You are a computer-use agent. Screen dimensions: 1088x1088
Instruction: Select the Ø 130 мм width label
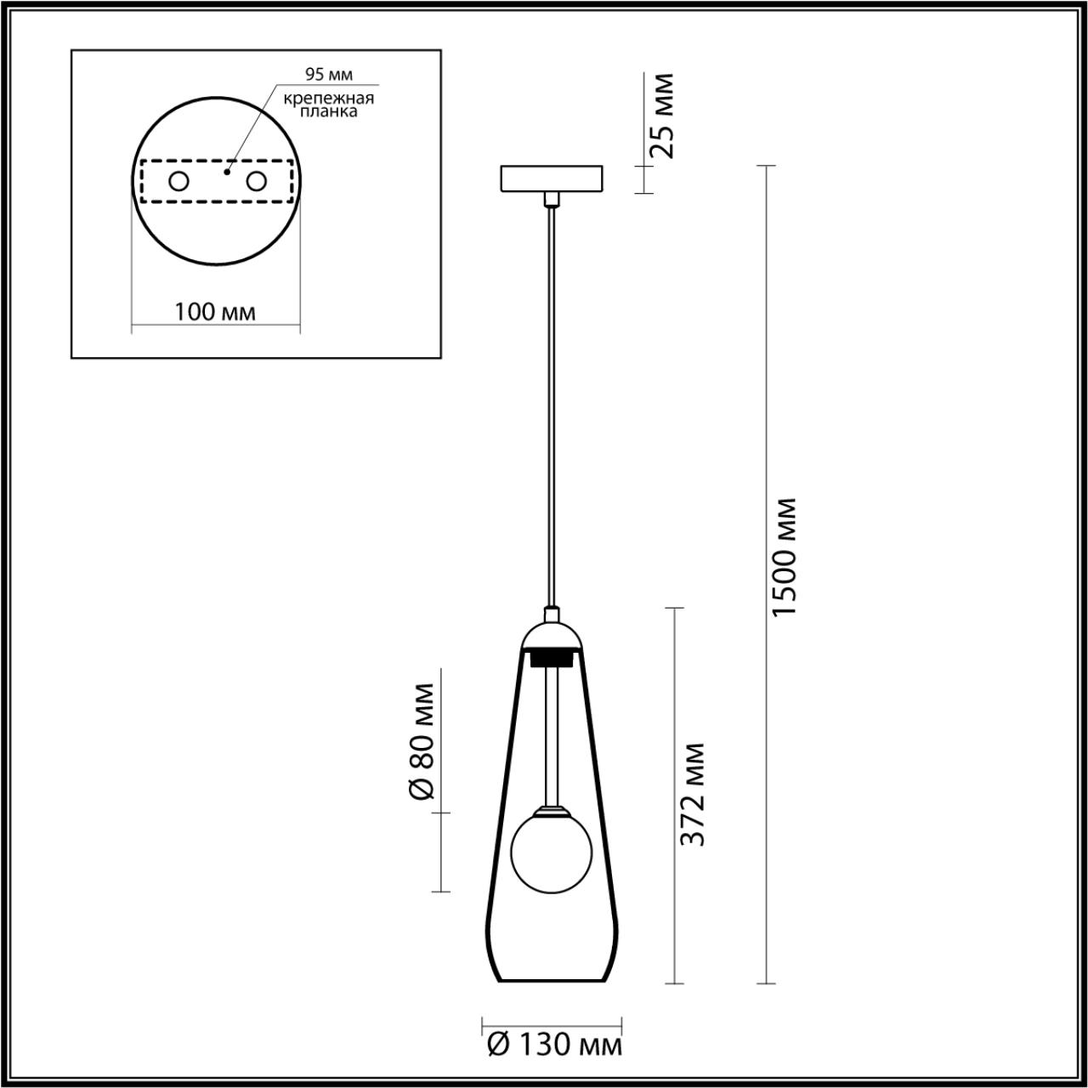pos(555,1044)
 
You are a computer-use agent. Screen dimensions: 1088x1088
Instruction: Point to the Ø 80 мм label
pos(422,740)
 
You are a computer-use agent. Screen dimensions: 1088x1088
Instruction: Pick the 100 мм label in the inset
pos(215,311)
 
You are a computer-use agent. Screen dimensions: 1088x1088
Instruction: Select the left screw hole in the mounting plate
pos(179,181)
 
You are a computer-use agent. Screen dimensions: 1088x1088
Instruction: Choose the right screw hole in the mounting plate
pos(256,181)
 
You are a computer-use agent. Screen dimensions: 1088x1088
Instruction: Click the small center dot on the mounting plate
pos(226,171)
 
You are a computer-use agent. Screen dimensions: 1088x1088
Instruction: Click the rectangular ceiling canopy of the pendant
pos(552,178)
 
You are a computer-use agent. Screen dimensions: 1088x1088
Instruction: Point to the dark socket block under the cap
pos(552,657)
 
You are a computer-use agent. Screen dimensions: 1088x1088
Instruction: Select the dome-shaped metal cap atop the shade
pos(552,632)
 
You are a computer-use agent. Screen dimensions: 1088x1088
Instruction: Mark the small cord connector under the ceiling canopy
pos(552,199)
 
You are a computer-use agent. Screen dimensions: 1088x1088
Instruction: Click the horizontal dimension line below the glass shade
pos(552,1022)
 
